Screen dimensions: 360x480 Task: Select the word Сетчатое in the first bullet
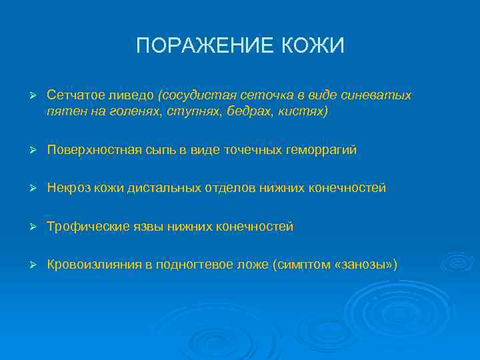click(x=74, y=96)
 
